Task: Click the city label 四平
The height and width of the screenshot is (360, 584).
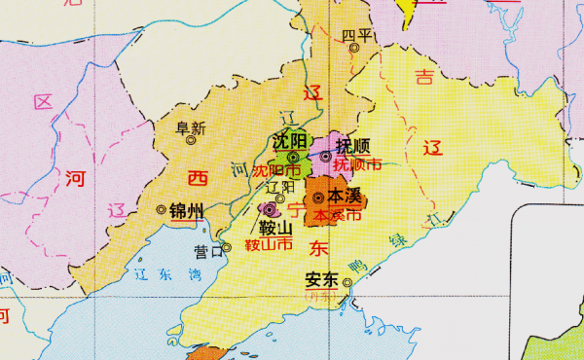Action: click(x=357, y=35)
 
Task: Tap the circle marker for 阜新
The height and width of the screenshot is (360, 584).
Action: click(x=192, y=139)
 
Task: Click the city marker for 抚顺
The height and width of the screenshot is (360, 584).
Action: click(x=325, y=156)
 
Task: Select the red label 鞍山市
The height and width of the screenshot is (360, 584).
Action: click(x=269, y=246)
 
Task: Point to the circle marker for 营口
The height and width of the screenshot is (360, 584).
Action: click(x=226, y=247)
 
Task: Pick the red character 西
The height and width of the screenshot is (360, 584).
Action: click(x=198, y=178)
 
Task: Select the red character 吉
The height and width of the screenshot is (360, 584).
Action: click(x=423, y=76)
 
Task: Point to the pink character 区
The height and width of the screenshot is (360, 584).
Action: click(x=42, y=102)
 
